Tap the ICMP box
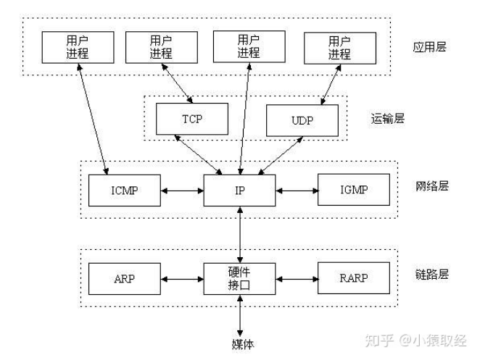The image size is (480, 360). (124, 191)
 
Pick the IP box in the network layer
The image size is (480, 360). (239, 191)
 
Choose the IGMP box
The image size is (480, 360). (353, 191)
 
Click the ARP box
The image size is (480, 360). (124, 278)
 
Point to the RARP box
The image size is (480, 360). (353, 278)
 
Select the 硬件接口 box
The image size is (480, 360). (239, 278)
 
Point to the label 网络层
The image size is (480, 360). (432, 185)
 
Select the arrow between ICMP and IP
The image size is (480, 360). (182, 191)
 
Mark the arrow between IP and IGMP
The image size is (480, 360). (297, 191)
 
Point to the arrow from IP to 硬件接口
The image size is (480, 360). (239, 234)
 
